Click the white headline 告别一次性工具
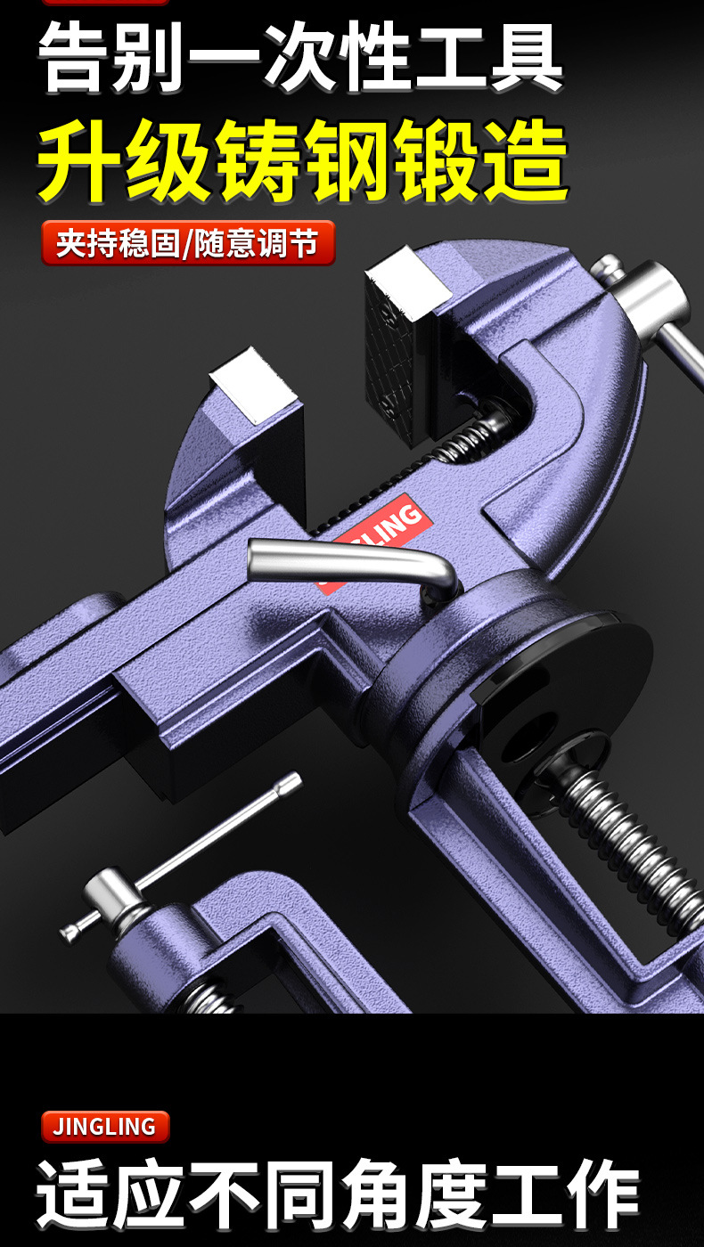click(x=301, y=57)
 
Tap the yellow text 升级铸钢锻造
click(x=303, y=159)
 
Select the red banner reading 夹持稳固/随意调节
click(x=188, y=242)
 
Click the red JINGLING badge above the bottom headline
click(x=105, y=1126)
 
